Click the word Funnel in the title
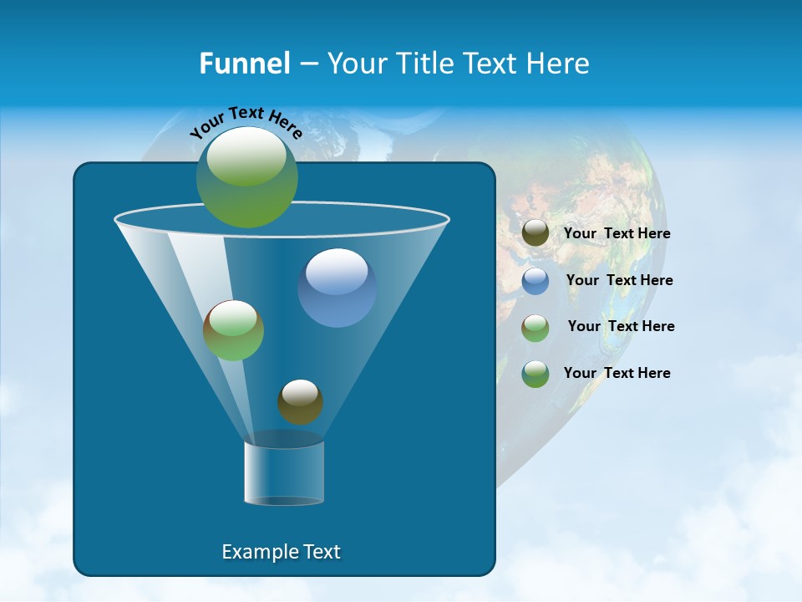(245, 64)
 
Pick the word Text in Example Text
(318, 552)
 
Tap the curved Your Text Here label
(246, 122)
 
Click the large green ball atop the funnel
(247, 177)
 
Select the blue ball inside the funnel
(337, 288)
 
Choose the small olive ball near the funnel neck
(300, 402)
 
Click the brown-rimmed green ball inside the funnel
(233, 330)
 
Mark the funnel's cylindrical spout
(284, 473)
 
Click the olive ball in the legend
(536, 233)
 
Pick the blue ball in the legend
(536, 281)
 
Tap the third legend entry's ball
(536, 328)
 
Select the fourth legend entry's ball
(536, 374)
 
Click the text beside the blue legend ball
(619, 280)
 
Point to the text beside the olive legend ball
(617, 233)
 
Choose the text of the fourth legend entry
(617, 373)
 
